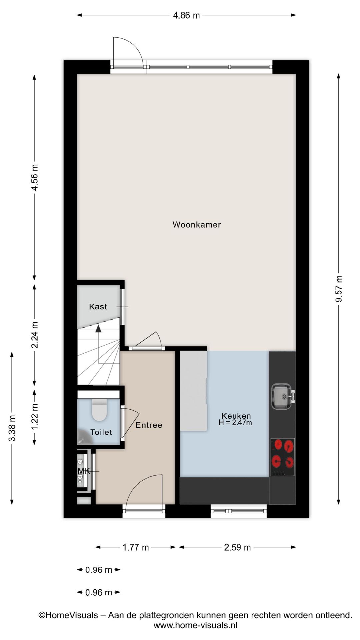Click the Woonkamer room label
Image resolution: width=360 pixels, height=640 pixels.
[x=197, y=225]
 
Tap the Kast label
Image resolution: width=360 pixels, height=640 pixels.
[x=98, y=307]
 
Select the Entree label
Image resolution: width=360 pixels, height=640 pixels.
[x=149, y=425]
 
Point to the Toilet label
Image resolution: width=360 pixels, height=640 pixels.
[x=101, y=432]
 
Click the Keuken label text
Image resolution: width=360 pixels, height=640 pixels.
[x=236, y=416]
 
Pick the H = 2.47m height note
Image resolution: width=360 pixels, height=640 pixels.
[x=235, y=423]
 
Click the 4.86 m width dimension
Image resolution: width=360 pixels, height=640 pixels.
[x=186, y=15]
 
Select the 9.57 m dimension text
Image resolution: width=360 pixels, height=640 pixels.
[x=339, y=289]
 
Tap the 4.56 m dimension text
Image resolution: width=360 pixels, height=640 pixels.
[x=34, y=177]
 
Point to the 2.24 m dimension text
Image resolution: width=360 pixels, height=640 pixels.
[x=34, y=335]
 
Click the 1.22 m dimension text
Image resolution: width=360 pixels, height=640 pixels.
[x=34, y=417]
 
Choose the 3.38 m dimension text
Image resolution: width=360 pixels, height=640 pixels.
[x=12, y=428]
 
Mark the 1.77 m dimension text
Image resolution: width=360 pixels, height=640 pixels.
[x=136, y=547]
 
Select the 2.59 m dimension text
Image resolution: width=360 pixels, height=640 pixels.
[x=237, y=547]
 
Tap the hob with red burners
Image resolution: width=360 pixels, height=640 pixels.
[x=283, y=457]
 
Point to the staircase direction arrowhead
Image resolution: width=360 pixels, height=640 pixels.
[x=98, y=329]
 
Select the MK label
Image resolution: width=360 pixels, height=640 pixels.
[x=84, y=471]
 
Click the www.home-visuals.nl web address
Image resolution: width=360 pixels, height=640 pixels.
[x=195, y=626]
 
